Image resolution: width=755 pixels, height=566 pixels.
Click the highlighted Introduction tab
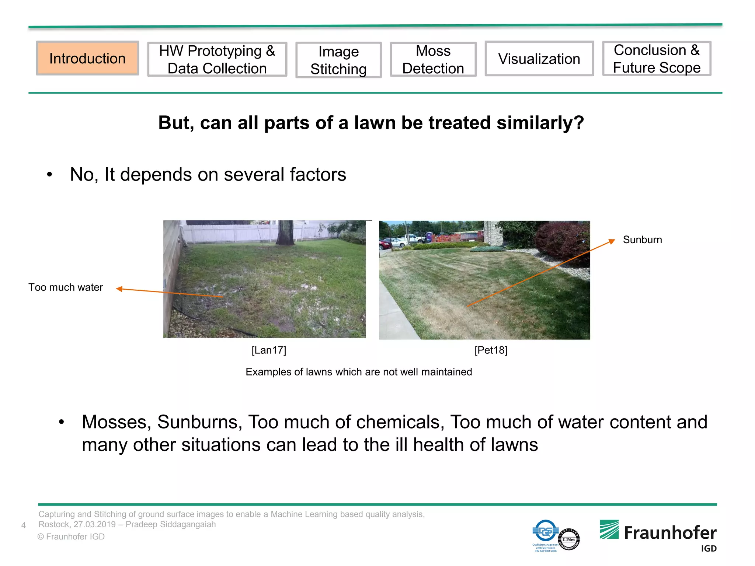coord(87,59)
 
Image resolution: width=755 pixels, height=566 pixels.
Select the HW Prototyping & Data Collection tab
coord(217,59)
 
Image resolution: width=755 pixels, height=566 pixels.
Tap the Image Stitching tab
coord(338,60)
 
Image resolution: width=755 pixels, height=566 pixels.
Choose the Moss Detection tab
coord(433,59)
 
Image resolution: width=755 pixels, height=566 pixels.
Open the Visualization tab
coord(539,59)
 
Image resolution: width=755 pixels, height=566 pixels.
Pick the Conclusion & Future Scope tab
coord(657,59)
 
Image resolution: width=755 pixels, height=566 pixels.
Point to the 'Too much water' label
coord(66,287)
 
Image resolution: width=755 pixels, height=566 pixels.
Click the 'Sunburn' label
coord(642,240)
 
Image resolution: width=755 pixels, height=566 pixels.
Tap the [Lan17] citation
coord(269,350)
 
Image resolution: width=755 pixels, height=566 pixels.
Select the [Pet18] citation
coord(491,350)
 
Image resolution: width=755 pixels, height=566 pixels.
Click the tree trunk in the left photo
coord(285,232)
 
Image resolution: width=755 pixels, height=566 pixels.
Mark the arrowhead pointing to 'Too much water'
coord(119,289)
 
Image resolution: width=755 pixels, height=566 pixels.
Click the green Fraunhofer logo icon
coord(609,530)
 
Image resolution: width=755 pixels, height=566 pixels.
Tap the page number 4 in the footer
coord(24,525)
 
